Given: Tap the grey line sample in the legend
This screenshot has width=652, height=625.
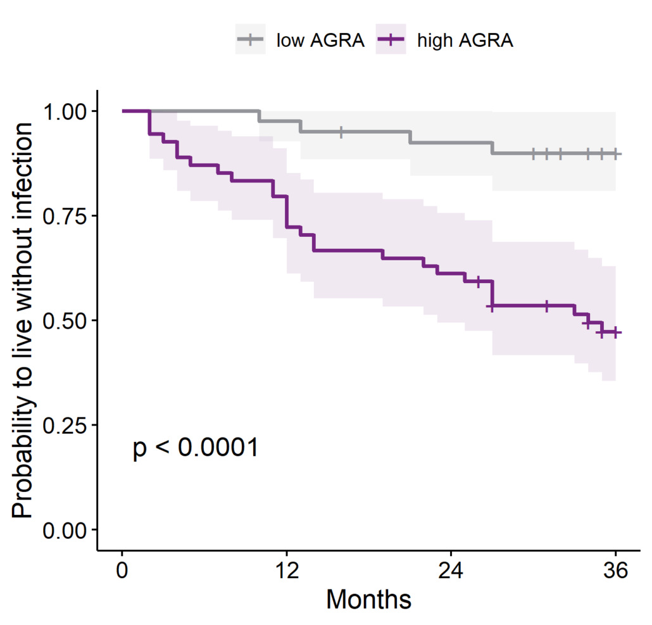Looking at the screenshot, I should click(251, 41).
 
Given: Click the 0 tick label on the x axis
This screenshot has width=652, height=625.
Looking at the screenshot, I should click(122, 571).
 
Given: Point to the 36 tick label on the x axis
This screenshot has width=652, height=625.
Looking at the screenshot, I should click(615, 571).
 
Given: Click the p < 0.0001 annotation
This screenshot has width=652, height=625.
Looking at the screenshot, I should click(195, 449).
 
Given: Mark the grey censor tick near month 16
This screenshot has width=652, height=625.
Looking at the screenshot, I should click(341, 132).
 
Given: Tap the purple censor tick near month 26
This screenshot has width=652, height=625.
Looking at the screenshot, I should click(479, 281).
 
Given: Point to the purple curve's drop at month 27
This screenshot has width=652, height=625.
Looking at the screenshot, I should click(492, 293).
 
